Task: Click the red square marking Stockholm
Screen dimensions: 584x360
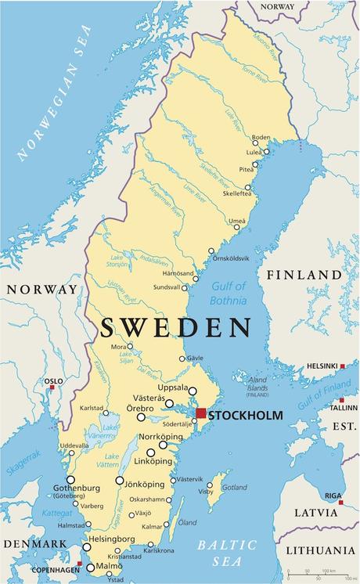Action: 201,413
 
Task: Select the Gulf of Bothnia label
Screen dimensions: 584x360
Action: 229,293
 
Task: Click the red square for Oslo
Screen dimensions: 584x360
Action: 52,388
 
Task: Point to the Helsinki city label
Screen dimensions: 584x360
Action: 322,366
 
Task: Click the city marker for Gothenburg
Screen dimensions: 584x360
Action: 70,480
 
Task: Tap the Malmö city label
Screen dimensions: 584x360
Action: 110,566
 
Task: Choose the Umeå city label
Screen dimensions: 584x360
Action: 237,222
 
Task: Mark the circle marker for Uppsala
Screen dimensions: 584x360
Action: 193,391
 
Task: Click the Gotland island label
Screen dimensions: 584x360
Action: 235,487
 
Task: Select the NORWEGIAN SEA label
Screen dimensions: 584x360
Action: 54,94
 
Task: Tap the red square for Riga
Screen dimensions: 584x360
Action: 341,502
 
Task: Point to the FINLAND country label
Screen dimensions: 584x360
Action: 304,276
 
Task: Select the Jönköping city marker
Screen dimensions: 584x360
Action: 120,481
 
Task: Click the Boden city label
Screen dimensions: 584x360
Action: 261,137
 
